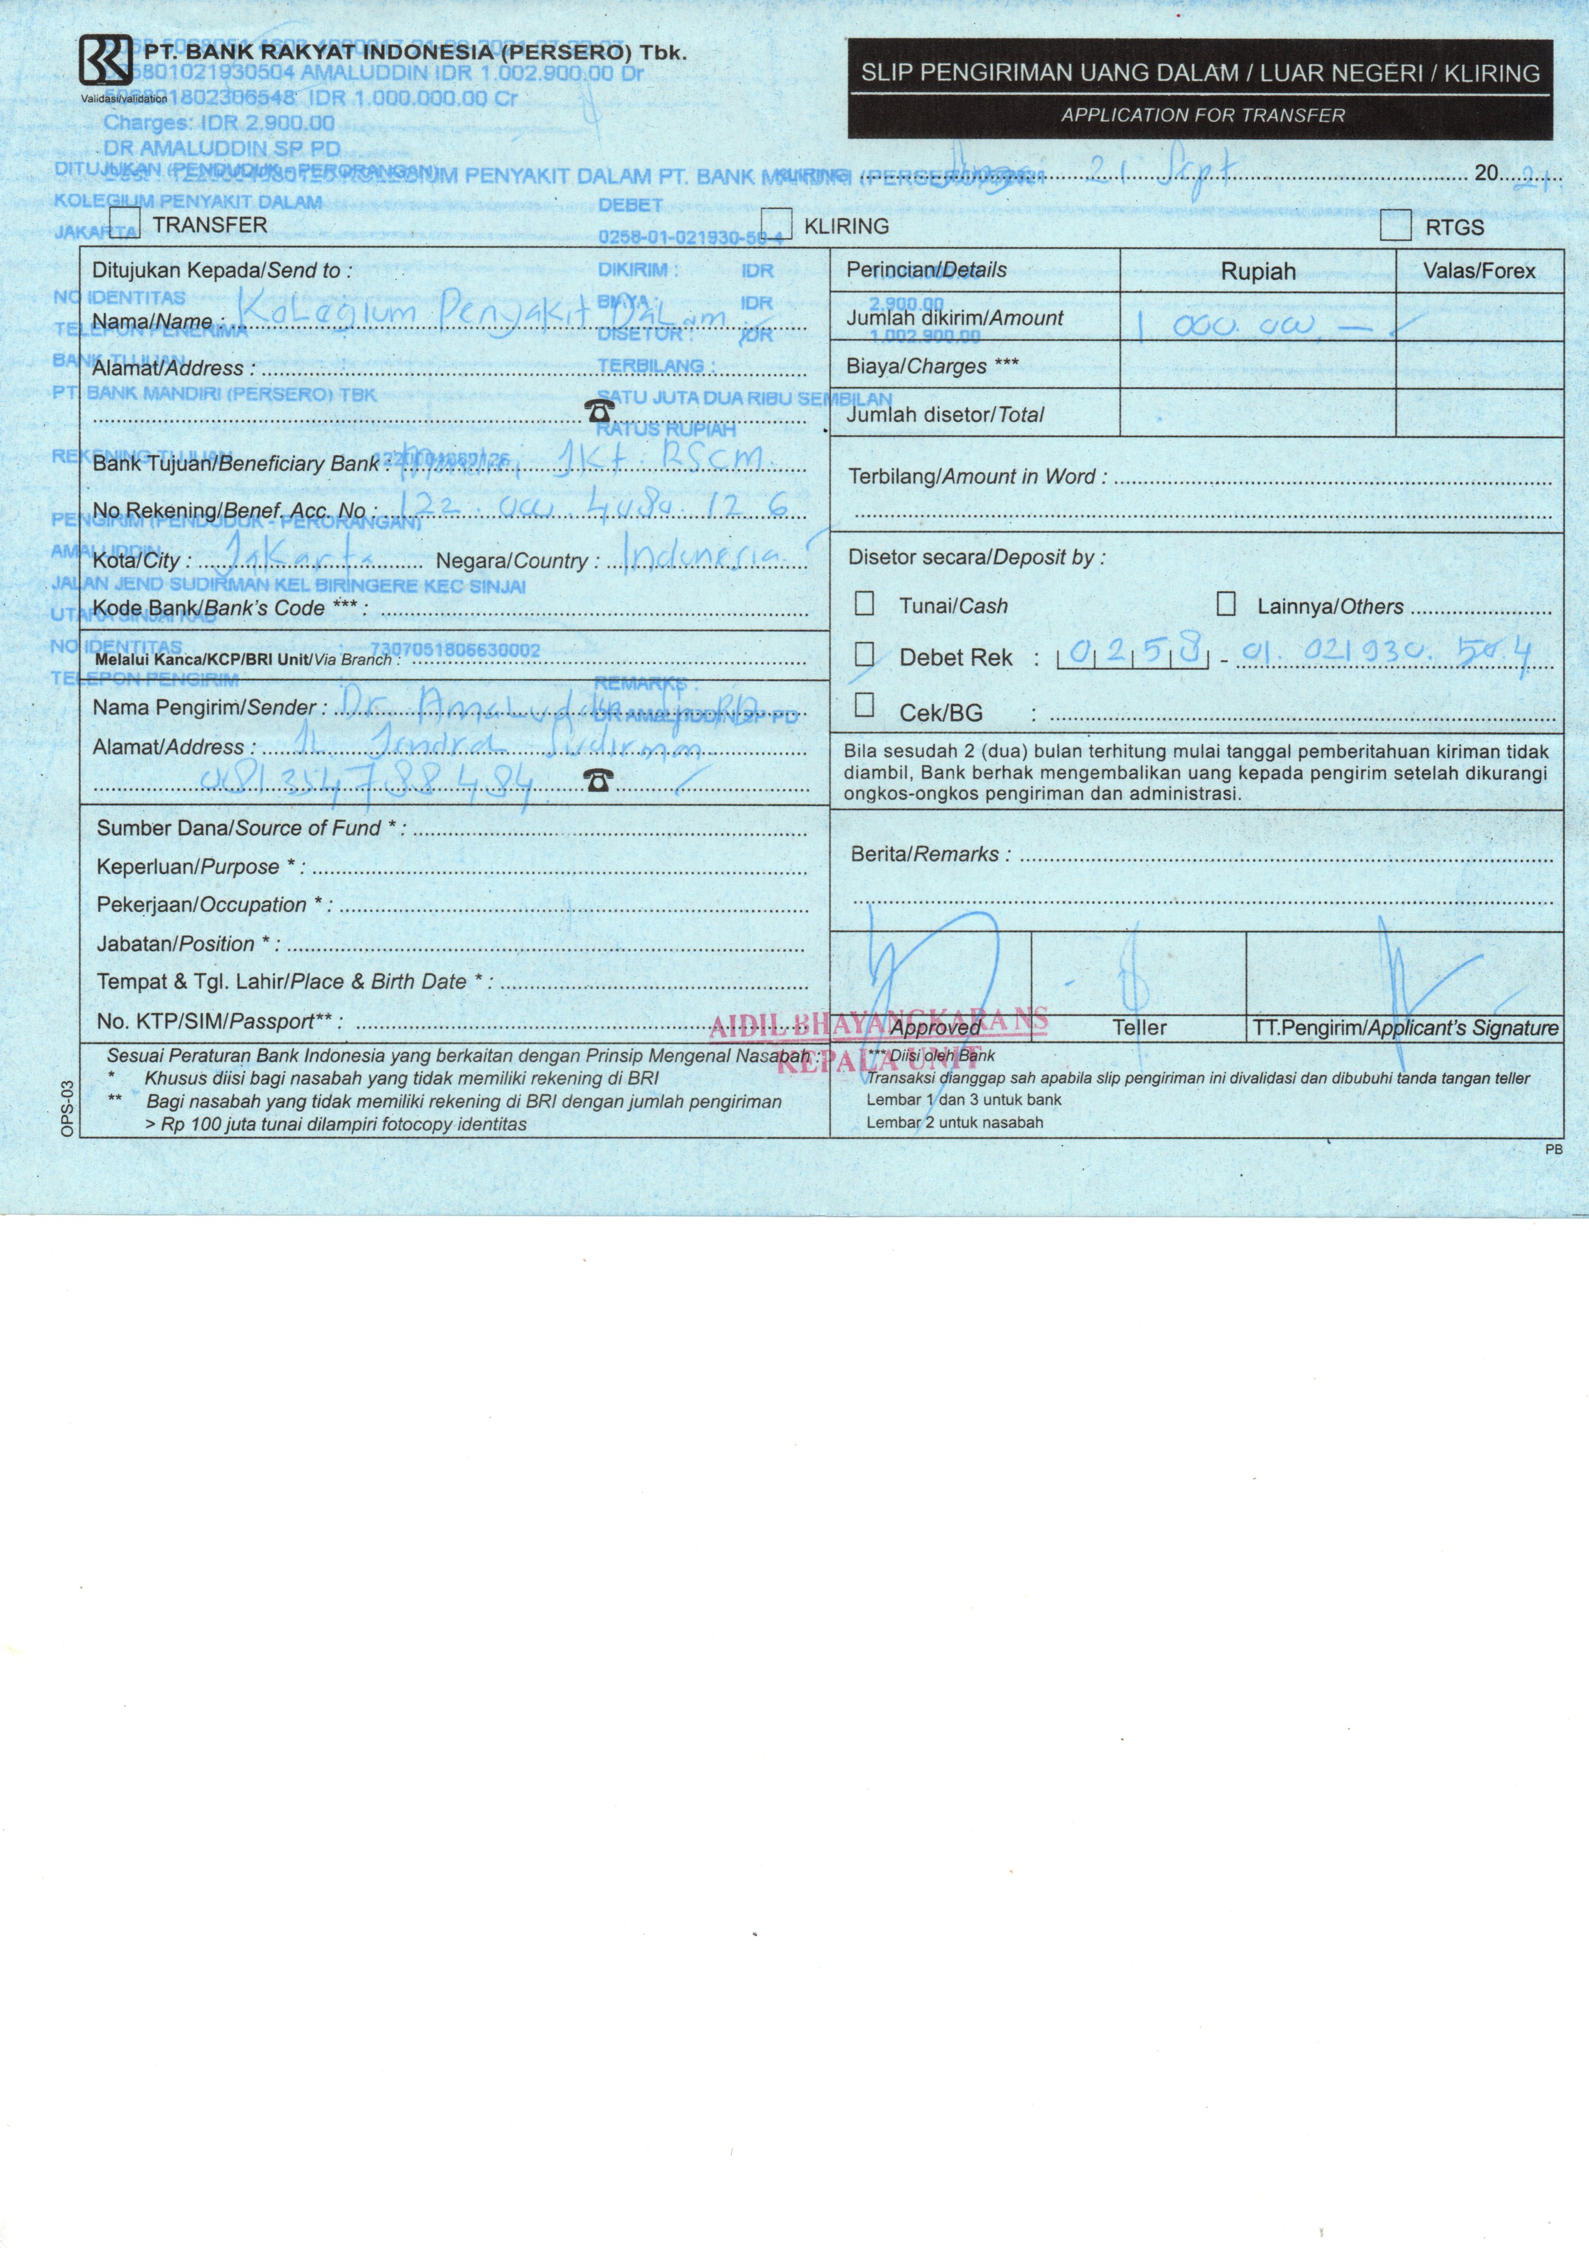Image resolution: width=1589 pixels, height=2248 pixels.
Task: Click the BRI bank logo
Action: pyautogui.click(x=105, y=61)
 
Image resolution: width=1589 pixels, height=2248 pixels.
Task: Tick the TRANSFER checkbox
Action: pyautogui.click(x=125, y=223)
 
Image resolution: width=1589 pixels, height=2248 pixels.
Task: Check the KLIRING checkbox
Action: pyautogui.click(x=776, y=224)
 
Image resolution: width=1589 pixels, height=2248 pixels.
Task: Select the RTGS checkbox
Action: pyautogui.click(x=1395, y=226)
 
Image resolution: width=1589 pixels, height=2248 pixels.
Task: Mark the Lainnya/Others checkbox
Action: pyautogui.click(x=1226, y=603)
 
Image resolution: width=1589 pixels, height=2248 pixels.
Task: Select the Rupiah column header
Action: pyautogui.click(x=1258, y=271)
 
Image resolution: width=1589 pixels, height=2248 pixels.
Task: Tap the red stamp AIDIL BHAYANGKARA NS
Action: pyautogui.click(x=878, y=1023)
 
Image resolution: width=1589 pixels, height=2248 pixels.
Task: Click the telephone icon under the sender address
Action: pyautogui.click(x=598, y=780)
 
